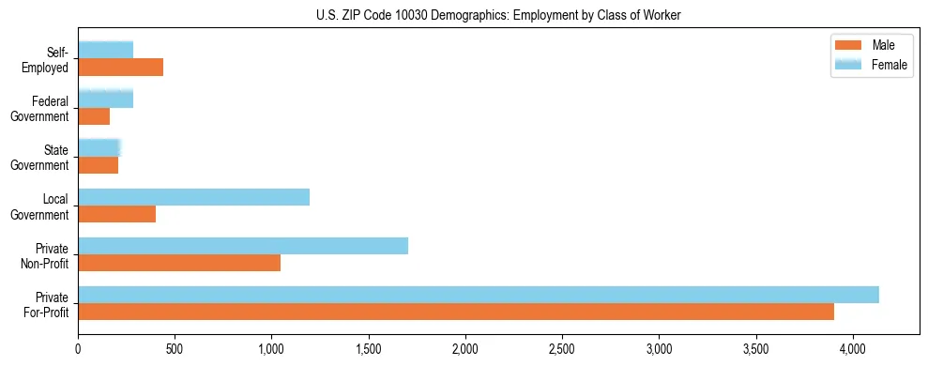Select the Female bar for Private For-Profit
pyautogui.click(x=479, y=295)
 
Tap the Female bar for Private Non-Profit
pyautogui.click(x=243, y=246)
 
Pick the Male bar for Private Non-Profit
pyautogui.click(x=179, y=263)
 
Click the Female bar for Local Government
pyautogui.click(x=193, y=197)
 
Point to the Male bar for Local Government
pyautogui.click(x=116, y=214)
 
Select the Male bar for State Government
pyautogui.click(x=98, y=165)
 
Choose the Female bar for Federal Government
pyautogui.click(x=105, y=99)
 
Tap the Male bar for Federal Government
pyautogui.click(x=94, y=116)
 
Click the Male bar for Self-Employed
pyautogui.click(x=120, y=67)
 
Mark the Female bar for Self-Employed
pyautogui.click(x=105, y=50)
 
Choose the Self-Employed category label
pyautogui.click(x=48, y=59)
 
